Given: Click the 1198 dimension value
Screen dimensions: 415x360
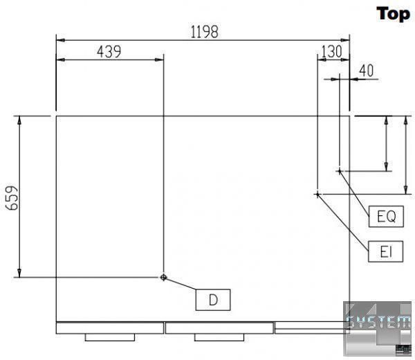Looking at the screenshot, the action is click(205, 32).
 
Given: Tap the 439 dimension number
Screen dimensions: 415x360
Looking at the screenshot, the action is click(109, 52).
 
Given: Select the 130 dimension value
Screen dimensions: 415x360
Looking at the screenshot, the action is click(331, 51).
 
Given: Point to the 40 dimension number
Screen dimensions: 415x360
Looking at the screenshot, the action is click(367, 71).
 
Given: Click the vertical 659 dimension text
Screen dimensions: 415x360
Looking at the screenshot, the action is click(12, 198).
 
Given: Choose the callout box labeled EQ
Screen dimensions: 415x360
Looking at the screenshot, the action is click(386, 216).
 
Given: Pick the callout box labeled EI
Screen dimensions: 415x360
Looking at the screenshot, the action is click(386, 251).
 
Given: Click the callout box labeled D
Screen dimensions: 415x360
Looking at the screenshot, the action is click(213, 300).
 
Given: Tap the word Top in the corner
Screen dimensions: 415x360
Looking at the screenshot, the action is click(394, 14).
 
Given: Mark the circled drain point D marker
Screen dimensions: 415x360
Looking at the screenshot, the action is click(163, 278).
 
